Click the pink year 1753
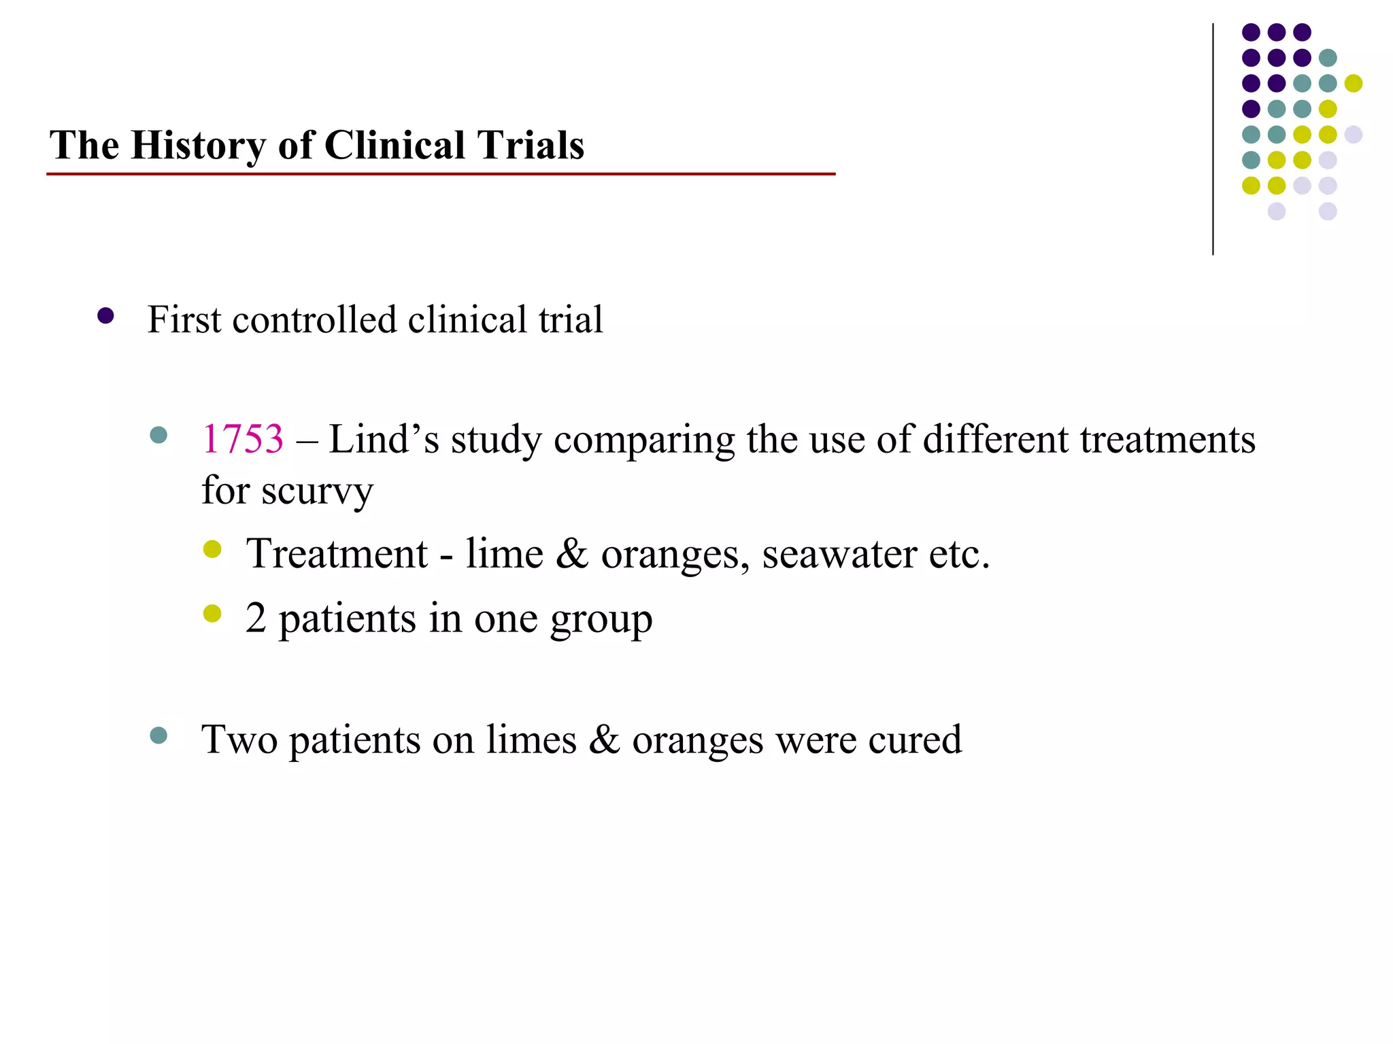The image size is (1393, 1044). (243, 439)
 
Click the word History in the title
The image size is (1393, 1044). (199, 145)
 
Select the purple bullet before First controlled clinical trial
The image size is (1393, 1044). (105, 316)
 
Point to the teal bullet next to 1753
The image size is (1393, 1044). (158, 435)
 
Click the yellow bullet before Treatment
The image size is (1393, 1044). (212, 549)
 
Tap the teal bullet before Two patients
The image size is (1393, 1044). (158, 735)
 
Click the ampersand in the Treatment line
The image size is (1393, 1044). (571, 554)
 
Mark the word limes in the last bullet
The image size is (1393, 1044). (531, 740)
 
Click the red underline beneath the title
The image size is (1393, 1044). (441, 175)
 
